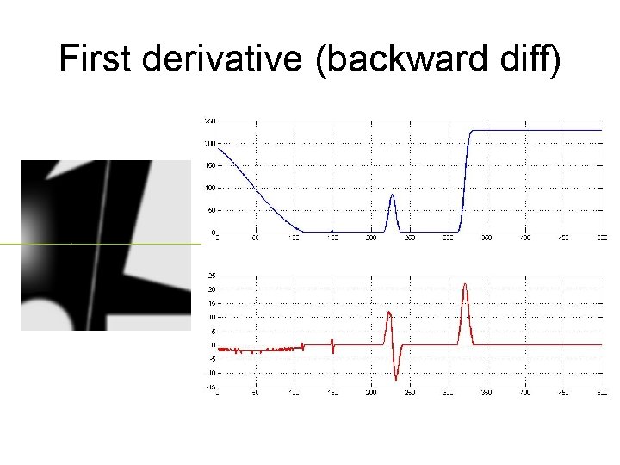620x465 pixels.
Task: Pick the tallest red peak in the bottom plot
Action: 465,286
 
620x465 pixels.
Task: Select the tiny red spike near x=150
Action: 332,346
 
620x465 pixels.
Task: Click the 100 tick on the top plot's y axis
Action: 209,188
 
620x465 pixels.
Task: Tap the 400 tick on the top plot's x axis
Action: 524,238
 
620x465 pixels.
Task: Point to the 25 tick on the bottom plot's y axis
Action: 211,276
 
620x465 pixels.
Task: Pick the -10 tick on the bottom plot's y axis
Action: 210,373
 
